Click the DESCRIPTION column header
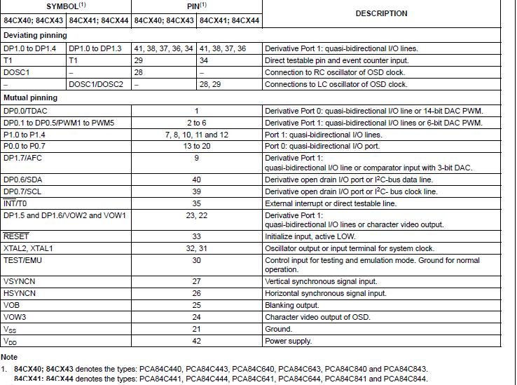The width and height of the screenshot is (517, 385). [x=381, y=13]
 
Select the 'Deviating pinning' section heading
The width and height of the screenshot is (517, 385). [x=36, y=35]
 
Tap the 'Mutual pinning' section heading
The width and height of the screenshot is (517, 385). [x=31, y=97]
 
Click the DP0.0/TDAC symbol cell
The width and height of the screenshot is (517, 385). [x=27, y=111]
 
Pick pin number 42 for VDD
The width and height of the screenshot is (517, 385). [x=197, y=341]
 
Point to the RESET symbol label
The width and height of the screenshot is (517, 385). [x=16, y=236]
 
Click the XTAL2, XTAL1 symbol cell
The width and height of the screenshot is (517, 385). [x=28, y=248]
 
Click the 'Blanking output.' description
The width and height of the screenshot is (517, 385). [x=292, y=305]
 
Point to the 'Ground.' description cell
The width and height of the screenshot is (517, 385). [x=278, y=329]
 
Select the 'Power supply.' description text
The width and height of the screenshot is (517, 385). [x=287, y=341]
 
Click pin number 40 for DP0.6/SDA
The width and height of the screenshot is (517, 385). [x=197, y=180]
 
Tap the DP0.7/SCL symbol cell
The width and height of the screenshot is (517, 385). [x=23, y=191]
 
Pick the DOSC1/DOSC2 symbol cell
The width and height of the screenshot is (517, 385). [x=96, y=84]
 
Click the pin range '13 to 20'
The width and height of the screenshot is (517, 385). [x=197, y=146]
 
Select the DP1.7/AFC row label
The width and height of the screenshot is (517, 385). [x=22, y=158]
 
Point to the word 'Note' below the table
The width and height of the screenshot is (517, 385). [x=9, y=357]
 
